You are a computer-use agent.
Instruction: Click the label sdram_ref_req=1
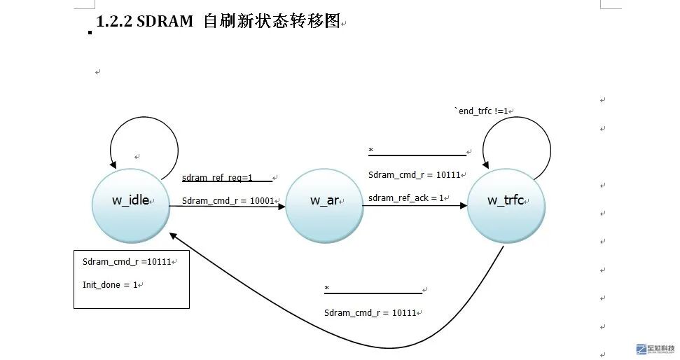pyautogui.click(x=217, y=178)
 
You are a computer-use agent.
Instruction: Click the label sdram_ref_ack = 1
pyautogui.click(x=407, y=198)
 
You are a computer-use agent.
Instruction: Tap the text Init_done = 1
pyautogui.click(x=110, y=285)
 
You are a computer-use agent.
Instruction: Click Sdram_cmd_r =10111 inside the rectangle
pyautogui.click(x=127, y=262)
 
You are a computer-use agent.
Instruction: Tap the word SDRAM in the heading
pyautogui.click(x=165, y=22)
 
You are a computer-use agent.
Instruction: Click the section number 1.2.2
pyautogui.click(x=114, y=22)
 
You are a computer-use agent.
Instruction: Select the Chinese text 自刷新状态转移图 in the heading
pyautogui.click(x=270, y=22)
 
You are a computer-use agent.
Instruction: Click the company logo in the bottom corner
pyautogui.click(x=655, y=349)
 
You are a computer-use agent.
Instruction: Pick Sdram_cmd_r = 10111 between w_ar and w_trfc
pyautogui.click(x=414, y=175)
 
